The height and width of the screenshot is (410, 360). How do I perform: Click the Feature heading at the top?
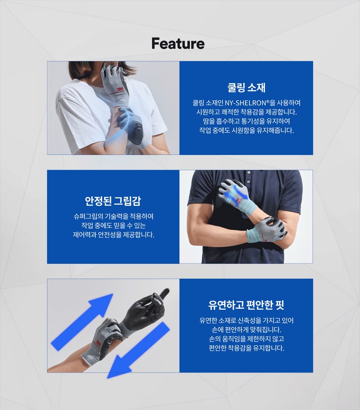[178, 43]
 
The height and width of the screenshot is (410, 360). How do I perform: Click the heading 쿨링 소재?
[246, 88]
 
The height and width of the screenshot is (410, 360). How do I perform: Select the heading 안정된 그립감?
[113, 201]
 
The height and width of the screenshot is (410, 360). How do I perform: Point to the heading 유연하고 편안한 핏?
[246, 305]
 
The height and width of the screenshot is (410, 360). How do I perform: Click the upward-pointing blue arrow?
[82, 322]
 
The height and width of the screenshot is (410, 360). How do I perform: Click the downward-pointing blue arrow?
[138, 350]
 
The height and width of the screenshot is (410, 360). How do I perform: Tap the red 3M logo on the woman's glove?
[120, 89]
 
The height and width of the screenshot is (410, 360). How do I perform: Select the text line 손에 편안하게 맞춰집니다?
[246, 330]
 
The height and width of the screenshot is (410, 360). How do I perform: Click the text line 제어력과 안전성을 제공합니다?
[113, 235]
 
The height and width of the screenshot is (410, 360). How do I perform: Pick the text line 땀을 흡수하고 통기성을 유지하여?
[246, 121]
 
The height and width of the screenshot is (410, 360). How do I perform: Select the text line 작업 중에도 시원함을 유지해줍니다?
[246, 130]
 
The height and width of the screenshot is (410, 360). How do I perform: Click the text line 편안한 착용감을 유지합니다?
[246, 348]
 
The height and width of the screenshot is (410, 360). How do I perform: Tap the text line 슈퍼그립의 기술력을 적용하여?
[113, 216]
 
